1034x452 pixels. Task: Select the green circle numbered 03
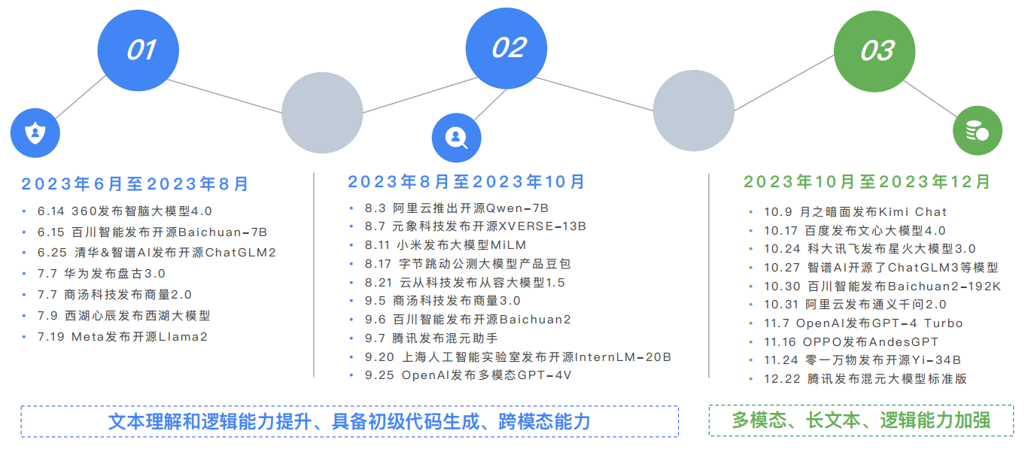[x=877, y=51]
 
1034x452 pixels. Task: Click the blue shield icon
[x=35, y=134]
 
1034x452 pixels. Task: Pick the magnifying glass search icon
[x=456, y=138]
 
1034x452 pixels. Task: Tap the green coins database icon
[x=977, y=132]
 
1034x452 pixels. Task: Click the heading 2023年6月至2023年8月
[x=135, y=184]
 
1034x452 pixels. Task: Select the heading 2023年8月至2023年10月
[x=467, y=182]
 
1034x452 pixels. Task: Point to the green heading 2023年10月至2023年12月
[x=867, y=182]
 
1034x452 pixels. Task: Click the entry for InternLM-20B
[x=518, y=357]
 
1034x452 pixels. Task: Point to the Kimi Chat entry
[x=856, y=212]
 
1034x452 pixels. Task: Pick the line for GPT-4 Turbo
[x=863, y=323]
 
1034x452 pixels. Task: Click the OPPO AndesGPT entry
[x=851, y=342]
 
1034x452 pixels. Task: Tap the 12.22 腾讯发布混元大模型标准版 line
[x=865, y=379]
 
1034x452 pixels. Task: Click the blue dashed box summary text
[x=349, y=422]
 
